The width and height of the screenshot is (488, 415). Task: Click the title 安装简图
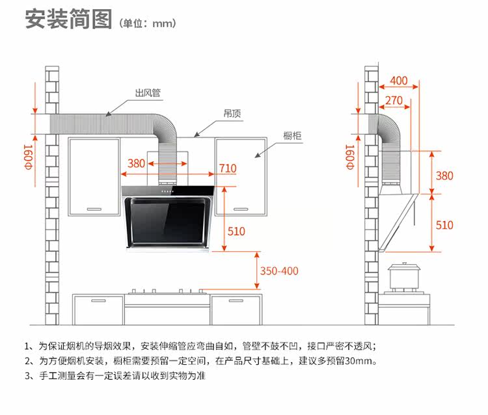click(68, 20)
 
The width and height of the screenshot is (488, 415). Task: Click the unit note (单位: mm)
click(148, 23)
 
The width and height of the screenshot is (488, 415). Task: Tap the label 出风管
click(148, 94)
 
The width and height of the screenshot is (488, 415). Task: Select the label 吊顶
click(232, 113)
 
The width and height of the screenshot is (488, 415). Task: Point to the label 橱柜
click(291, 136)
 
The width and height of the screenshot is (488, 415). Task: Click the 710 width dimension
click(228, 167)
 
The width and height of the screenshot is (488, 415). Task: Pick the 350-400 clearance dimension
click(279, 271)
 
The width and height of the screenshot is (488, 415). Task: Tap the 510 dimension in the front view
click(236, 231)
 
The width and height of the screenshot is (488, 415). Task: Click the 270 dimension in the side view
click(394, 101)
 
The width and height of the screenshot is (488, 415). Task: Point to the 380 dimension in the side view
click(444, 176)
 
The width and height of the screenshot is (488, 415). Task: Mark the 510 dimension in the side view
click(444, 225)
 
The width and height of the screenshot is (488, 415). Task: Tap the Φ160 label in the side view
click(350, 157)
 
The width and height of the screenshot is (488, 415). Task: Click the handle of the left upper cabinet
click(94, 208)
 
